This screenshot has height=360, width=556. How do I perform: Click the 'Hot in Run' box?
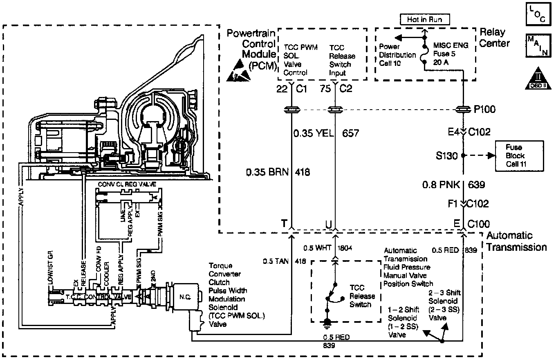424,19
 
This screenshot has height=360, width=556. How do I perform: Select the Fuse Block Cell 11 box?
513,155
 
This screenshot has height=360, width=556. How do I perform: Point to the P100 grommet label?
486,109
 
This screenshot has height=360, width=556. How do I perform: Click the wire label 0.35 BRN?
266,172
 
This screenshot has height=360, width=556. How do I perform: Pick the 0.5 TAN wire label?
274,261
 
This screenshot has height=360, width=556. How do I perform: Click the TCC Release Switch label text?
360,296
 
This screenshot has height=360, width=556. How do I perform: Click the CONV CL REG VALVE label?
127,184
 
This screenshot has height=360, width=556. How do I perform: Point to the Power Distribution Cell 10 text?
397,55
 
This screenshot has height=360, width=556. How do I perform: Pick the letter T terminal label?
283,223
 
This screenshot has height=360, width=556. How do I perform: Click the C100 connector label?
478,224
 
